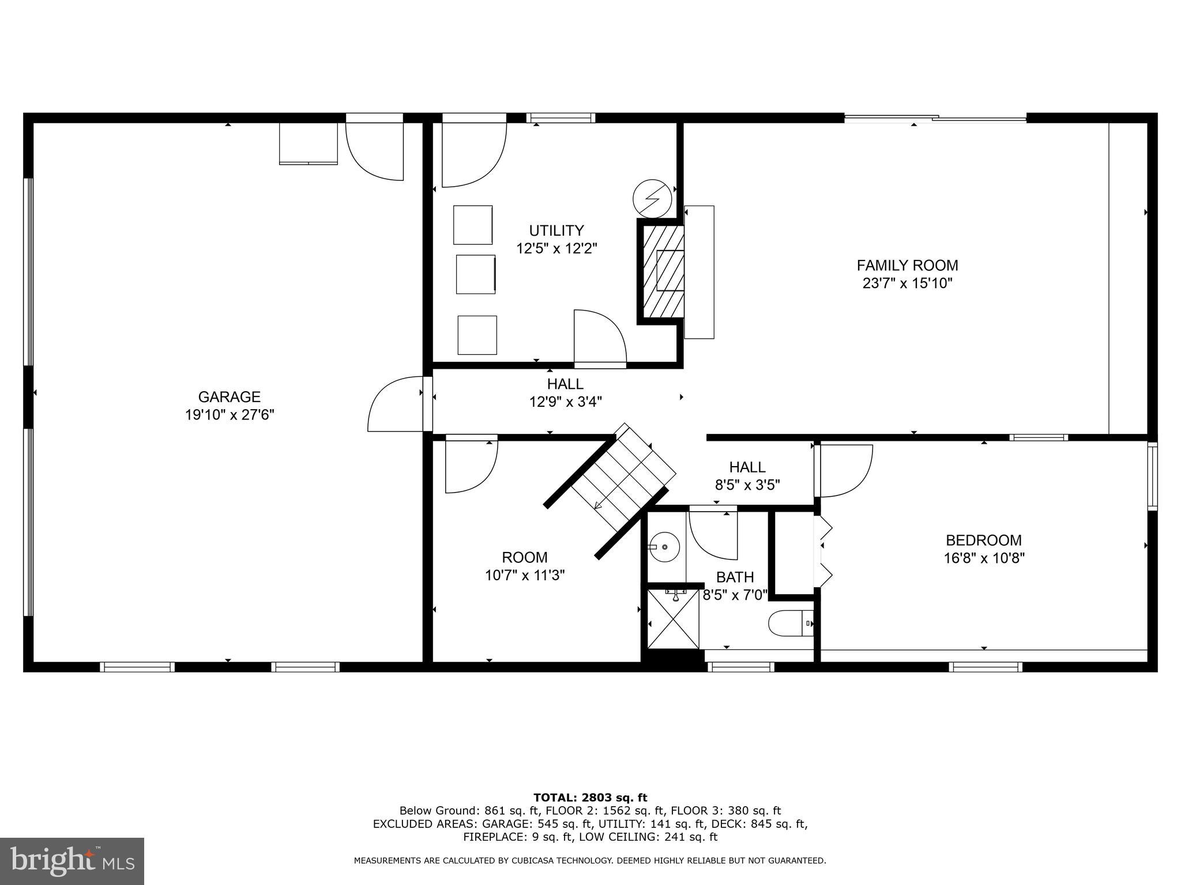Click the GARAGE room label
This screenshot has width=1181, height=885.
(229, 397)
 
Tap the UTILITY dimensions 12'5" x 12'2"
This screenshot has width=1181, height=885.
(556, 249)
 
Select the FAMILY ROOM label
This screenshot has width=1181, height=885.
(907, 266)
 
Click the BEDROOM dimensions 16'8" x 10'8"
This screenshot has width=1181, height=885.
(984, 558)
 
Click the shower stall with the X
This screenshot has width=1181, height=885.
(673, 618)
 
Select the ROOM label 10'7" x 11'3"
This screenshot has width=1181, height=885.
(525, 566)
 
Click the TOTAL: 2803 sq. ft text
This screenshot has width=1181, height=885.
(590, 797)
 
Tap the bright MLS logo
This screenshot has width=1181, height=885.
(72, 861)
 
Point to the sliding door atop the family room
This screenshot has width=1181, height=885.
(935, 118)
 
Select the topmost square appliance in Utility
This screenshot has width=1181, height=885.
(472, 225)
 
